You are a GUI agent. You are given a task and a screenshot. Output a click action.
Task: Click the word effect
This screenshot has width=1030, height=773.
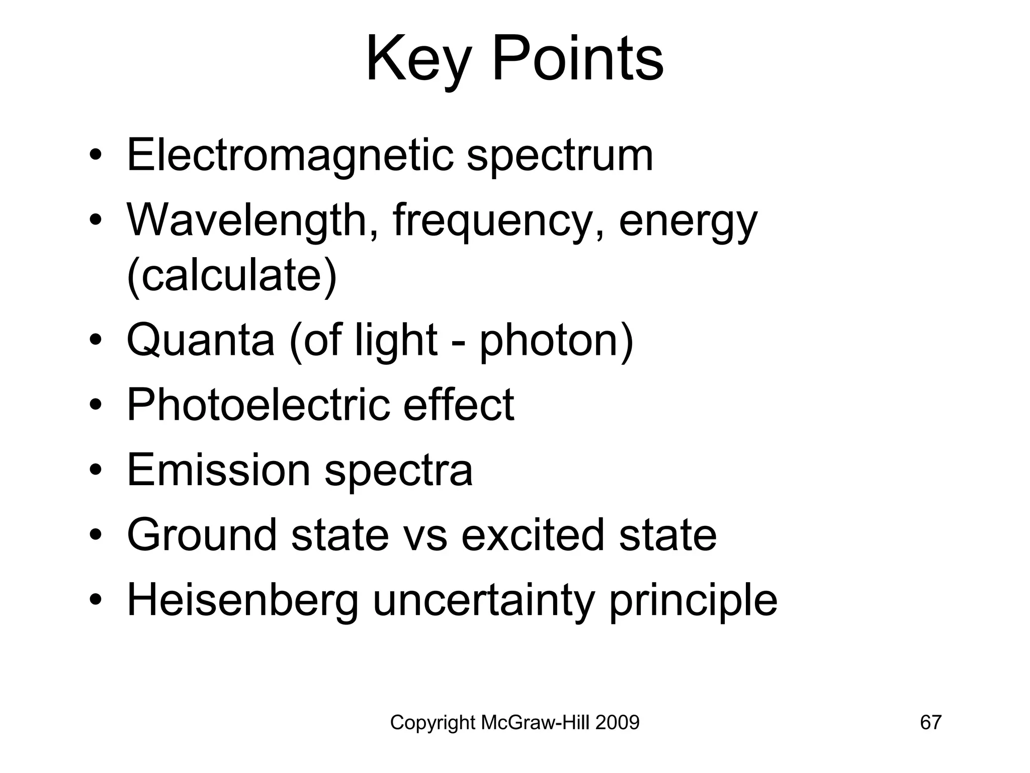458,405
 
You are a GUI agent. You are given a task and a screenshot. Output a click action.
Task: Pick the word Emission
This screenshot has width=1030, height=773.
218,470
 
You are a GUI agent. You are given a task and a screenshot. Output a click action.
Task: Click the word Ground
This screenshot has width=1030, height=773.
202,534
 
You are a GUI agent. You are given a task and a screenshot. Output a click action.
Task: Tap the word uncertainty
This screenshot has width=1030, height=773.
483,600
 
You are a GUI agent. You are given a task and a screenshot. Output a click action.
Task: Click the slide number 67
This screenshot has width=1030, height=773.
930,723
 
